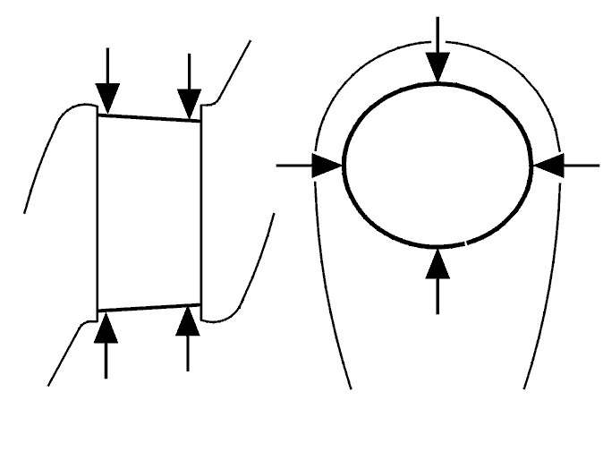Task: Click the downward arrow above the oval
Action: (x=437, y=54)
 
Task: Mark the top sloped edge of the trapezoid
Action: (x=148, y=117)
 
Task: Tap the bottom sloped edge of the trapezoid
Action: (x=148, y=307)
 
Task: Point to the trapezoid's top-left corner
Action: (x=98, y=114)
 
